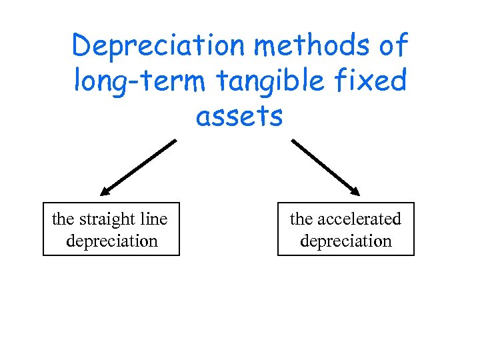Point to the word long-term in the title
pos(141,81)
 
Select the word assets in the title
pos(239,117)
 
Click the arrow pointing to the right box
pos(325,167)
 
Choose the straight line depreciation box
pos(111,229)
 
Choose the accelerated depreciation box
pos(346,229)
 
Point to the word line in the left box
pos(154,219)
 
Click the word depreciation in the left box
pos(112,241)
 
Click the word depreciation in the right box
pos(346,241)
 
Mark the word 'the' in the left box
pos(63,219)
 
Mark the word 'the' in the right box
pos(301,219)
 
